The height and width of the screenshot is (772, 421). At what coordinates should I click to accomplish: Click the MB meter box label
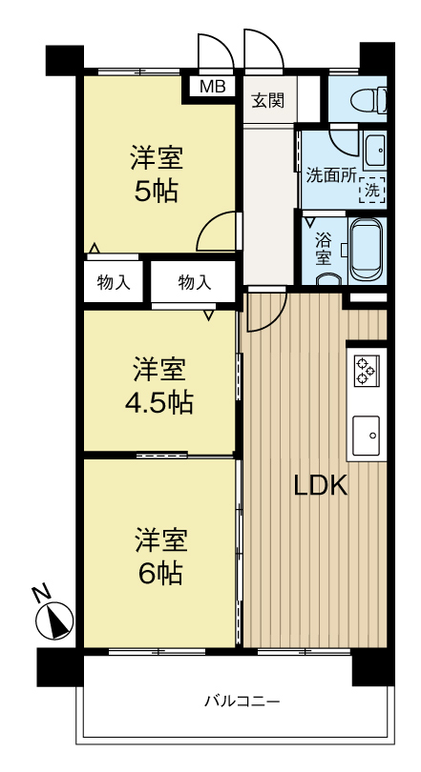point(213,87)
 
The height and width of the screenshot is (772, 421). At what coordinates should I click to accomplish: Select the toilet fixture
point(368,100)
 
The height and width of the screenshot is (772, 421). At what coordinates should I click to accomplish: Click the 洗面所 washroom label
point(330,175)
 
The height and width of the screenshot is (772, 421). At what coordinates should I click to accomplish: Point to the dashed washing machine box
point(372,190)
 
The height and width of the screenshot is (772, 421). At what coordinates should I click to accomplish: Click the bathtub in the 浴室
point(367,250)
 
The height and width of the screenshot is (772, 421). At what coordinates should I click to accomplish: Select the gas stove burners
point(366,370)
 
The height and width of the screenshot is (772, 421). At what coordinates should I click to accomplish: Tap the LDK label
point(321,486)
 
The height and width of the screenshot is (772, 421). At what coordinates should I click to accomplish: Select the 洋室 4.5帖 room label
point(158,387)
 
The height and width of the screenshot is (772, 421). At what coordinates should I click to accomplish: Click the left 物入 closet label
point(114,283)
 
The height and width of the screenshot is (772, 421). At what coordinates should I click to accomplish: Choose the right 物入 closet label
point(194,283)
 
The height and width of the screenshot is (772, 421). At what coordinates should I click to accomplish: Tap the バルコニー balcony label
point(242,701)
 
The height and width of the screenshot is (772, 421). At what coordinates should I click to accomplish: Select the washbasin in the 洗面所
point(375,150)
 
